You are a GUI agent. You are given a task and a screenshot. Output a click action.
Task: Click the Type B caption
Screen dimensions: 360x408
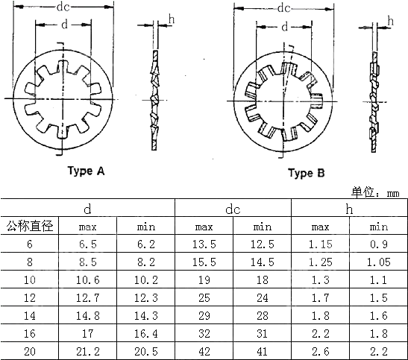pyautogui.click(x=307, y=174)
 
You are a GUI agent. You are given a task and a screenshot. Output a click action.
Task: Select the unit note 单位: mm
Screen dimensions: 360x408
pyautogui.click(x=376, y=192)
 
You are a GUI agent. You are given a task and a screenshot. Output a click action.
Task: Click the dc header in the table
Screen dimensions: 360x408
pyautogui.click(x=233, y=209)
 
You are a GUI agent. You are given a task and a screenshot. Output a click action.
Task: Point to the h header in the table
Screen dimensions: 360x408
pyautogui.click(x=349, y=209)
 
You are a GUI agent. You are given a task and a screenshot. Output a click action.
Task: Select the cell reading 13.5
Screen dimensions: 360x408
pyautogui.click(x=204, y=244)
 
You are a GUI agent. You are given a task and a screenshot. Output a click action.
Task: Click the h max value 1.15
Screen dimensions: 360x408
pyautogui.click(x=320, y=244)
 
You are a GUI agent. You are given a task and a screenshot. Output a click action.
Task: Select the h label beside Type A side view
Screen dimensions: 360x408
pyautogui.click(x=172, y=18)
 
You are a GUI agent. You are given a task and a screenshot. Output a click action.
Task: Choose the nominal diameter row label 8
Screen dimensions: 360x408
pyautogui.click(x=30, y=261)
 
